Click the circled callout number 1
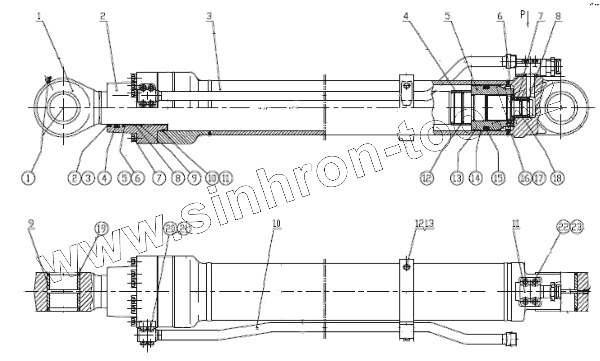pyautogui.click(x=28, y=178)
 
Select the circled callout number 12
pyautogui.click(x=427, y=178)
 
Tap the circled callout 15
pyautogui.click(x=497, y=178)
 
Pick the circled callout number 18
pyautogui.click(x=553, y=178)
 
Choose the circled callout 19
pyautogui.click(x=101, y=228)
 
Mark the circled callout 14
pyautogui.click(x=475, y=178)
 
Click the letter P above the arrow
pyautogui.click(x=523, y=14)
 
